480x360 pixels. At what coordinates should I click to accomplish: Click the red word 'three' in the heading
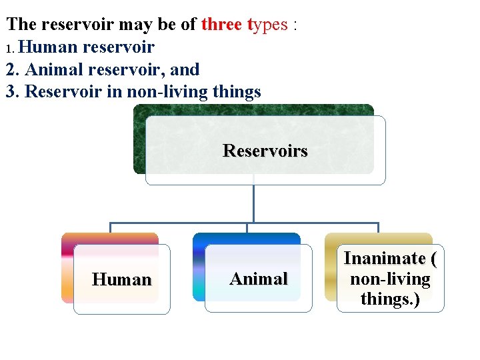tap(222, 25)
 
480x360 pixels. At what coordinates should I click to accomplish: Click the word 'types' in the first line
tap(268, 25)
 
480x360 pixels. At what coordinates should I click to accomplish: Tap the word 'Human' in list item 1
tap(51, 47)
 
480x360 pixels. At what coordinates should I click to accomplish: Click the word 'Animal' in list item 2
tap(52, 69)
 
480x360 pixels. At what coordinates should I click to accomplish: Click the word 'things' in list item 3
tap(234, 92)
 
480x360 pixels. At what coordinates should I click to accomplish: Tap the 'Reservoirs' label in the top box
tap(265, 151)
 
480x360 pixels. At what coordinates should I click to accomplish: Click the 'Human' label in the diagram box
tap(122, 279)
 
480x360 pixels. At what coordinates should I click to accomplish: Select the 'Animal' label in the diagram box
tap(259, 279)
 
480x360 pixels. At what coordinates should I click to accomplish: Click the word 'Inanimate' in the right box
tap(385, 259)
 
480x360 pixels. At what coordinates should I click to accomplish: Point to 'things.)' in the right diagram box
tap(390, 299)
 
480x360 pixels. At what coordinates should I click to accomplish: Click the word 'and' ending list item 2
tap(185, 69)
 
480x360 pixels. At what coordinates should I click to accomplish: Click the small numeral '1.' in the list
tap(9, 49)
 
